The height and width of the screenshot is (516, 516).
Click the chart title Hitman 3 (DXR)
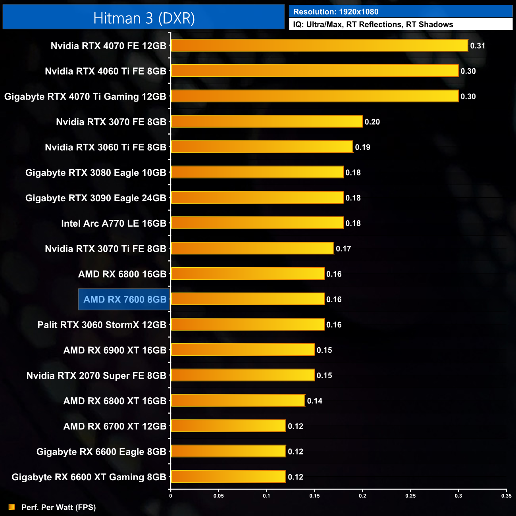(144, 18)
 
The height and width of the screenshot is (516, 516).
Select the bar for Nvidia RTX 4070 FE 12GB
(320, 45)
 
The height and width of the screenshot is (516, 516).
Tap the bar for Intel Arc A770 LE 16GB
(257, 223)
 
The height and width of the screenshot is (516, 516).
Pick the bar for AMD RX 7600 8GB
(248, 299)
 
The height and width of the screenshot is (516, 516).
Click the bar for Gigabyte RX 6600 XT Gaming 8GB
(228, 476)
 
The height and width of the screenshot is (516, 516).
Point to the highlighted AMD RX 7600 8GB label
(124, 299)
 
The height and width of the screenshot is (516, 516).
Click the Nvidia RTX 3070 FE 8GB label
(111, 122)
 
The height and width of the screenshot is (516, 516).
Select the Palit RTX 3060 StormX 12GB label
(102, 325)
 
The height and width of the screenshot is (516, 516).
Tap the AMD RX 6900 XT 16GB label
(115, 350)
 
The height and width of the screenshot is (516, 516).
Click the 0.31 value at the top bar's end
(477, 46)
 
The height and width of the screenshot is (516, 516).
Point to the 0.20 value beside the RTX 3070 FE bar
(372, 122)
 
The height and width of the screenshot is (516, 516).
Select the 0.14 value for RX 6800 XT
(314, 401)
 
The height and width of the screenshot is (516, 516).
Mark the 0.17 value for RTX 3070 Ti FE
(343, 249)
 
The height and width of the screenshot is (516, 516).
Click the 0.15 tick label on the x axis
(314, 496)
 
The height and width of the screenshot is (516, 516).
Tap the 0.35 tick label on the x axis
(506, 496)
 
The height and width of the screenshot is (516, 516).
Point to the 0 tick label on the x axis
(171, 496)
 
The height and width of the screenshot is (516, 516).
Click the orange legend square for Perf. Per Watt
(12, 507)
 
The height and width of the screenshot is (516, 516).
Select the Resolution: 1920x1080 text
(335, 12)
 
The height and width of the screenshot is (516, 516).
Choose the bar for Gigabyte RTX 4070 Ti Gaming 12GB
(315, 96)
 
